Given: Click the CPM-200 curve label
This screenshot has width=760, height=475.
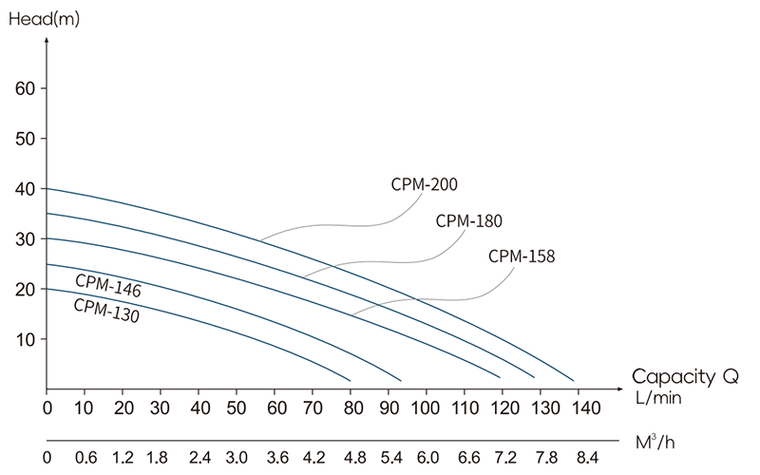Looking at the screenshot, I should point(425,185).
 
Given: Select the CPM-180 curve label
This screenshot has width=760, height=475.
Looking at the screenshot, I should point(468,221).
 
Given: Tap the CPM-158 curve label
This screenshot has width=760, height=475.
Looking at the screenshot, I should point(522,256).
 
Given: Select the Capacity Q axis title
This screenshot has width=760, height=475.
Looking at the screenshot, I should point(685,375).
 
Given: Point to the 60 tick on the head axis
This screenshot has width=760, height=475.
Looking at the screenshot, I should point(26,88).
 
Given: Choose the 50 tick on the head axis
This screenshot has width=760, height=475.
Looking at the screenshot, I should point(26,139).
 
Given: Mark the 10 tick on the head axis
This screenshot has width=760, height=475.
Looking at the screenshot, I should point(26,339).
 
